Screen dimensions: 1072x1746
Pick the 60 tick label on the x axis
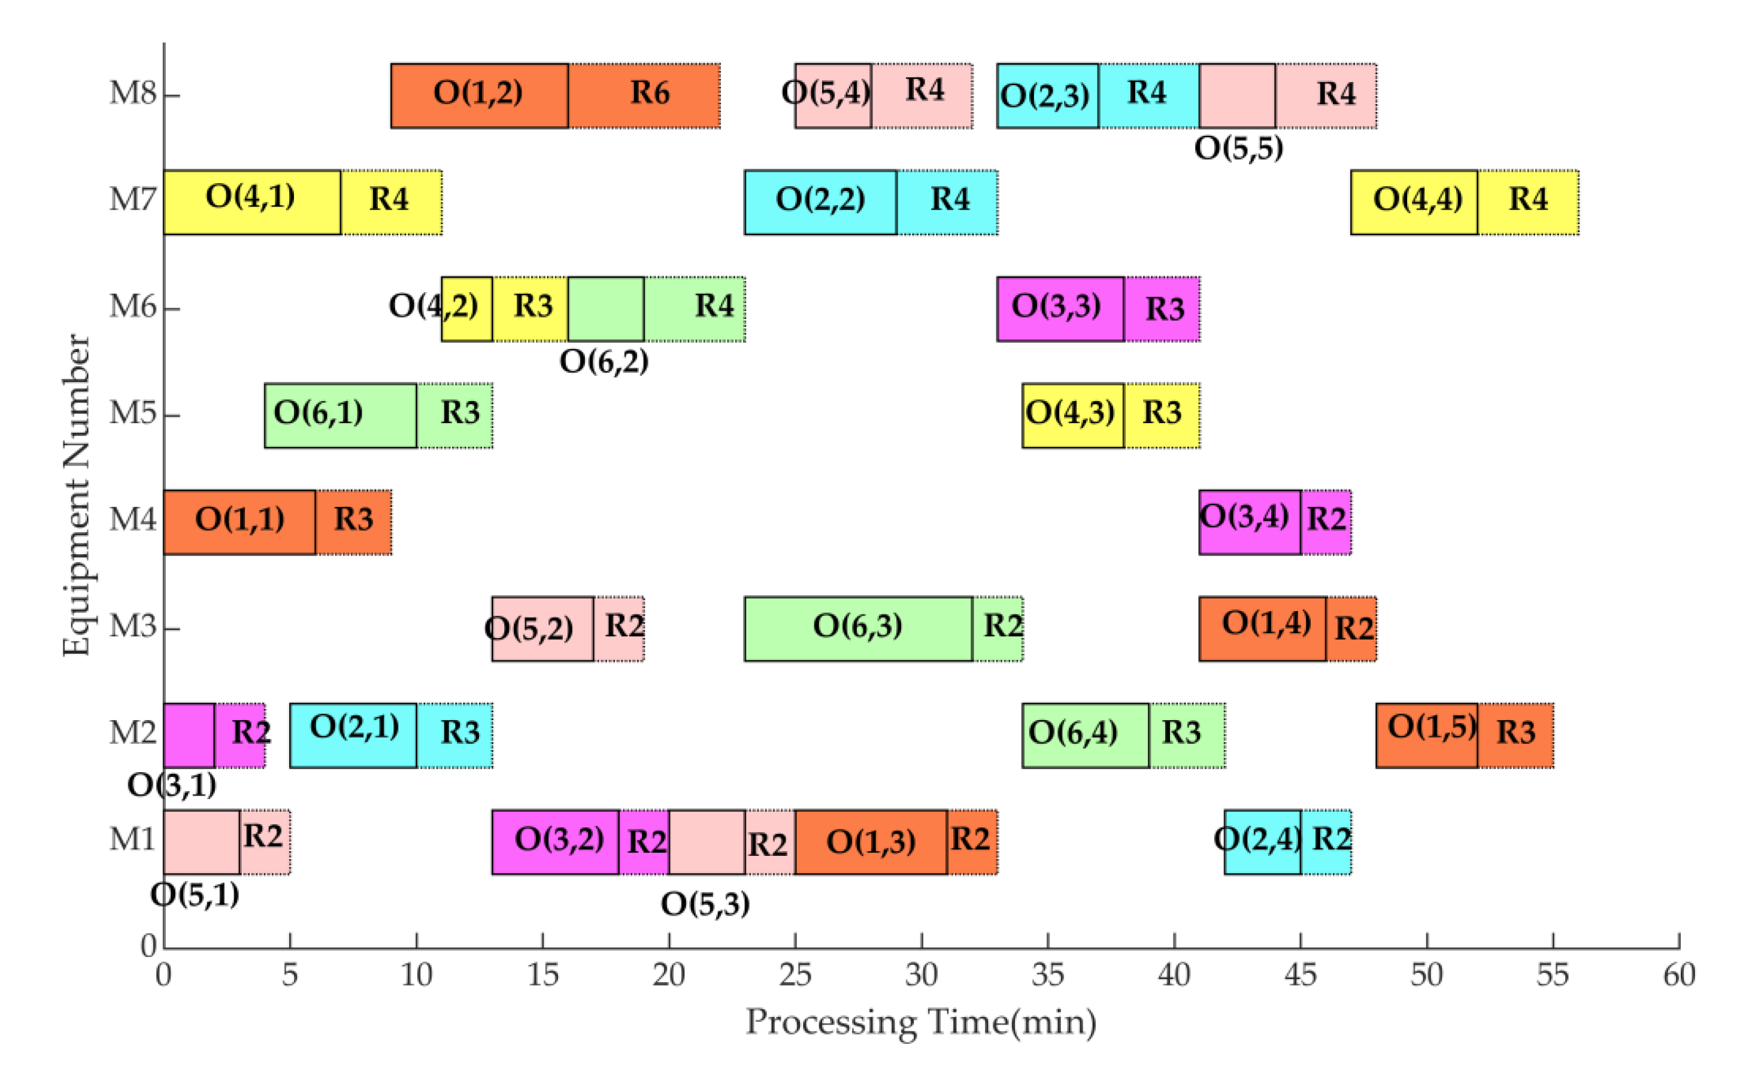pos(1678,976)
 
